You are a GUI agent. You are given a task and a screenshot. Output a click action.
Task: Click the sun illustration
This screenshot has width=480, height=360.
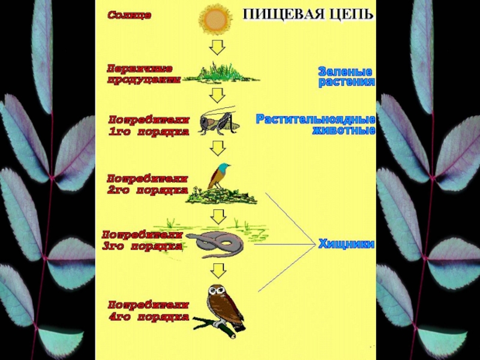[215, 19]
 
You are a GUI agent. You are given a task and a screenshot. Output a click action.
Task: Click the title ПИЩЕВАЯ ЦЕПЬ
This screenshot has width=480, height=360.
[308, 15]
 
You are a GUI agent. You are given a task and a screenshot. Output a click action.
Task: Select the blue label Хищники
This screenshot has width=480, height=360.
[346, 244]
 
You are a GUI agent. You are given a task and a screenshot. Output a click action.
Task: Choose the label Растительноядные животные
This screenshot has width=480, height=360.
[316, 124]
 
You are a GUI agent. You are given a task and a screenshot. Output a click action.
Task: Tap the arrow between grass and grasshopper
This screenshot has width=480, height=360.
[217, 94]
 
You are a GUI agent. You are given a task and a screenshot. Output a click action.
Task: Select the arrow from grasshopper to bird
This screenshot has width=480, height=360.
[217, 147]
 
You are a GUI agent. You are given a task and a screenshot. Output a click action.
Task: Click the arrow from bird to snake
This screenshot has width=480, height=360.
[217, 215]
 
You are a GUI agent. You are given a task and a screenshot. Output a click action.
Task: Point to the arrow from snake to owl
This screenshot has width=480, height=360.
[217, 269]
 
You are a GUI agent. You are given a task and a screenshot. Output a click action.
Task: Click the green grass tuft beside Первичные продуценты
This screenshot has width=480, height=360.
[222, 74]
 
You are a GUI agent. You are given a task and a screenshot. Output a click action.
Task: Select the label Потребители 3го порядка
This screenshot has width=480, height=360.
[142, 240]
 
